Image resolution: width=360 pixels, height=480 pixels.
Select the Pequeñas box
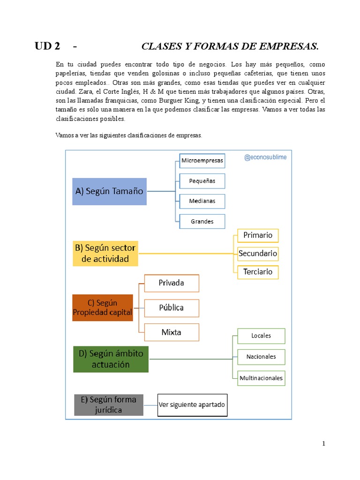pyautogui.click(x=202, y=181)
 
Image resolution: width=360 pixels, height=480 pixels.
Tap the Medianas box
pyautogui.click(x=202, y=201)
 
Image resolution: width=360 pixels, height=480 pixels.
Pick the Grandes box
pyautogui.click(x=202, y=221)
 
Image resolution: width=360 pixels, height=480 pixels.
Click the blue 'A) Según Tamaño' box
pyautogui.click(x=109, y=191)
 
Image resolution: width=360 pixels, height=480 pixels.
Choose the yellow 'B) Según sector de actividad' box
pyautogui.click(x=105, y=253)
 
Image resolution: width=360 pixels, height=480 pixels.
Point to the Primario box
pyautogui.click(x=258, y=235)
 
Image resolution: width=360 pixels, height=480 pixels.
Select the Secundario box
pyautogui.click(x=258, y=254)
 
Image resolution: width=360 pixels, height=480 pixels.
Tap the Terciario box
pyautogui.click(x=258, y=272)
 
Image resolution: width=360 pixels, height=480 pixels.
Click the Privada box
pyautogui.click(x=172, y=283)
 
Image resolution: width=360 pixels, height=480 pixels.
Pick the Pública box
pyautogui.click(x=172, y=308)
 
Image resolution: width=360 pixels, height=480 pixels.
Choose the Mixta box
pyautogui.click(x=172, y=332)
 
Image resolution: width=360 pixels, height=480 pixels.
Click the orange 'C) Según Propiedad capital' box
pyautogui.click(x=103, y=307)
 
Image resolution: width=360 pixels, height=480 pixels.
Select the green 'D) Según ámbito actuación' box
pyautogui.click(x=111, y=359)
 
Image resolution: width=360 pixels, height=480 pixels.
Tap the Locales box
pyautogui.click(x=261, y=336)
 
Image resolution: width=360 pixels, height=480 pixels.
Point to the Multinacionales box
pyautogui.click(x=261, y=378)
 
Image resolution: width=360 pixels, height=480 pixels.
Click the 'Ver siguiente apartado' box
pyautogui.click(x=192, y=405)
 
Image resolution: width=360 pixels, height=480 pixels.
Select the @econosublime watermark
pyautogui.click(x=265, y=157)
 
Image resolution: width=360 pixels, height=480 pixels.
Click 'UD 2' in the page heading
pyautogui.click(x=47, y=46)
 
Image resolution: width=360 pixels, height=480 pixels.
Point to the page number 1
pyautogui.click(x=323, y=444)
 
